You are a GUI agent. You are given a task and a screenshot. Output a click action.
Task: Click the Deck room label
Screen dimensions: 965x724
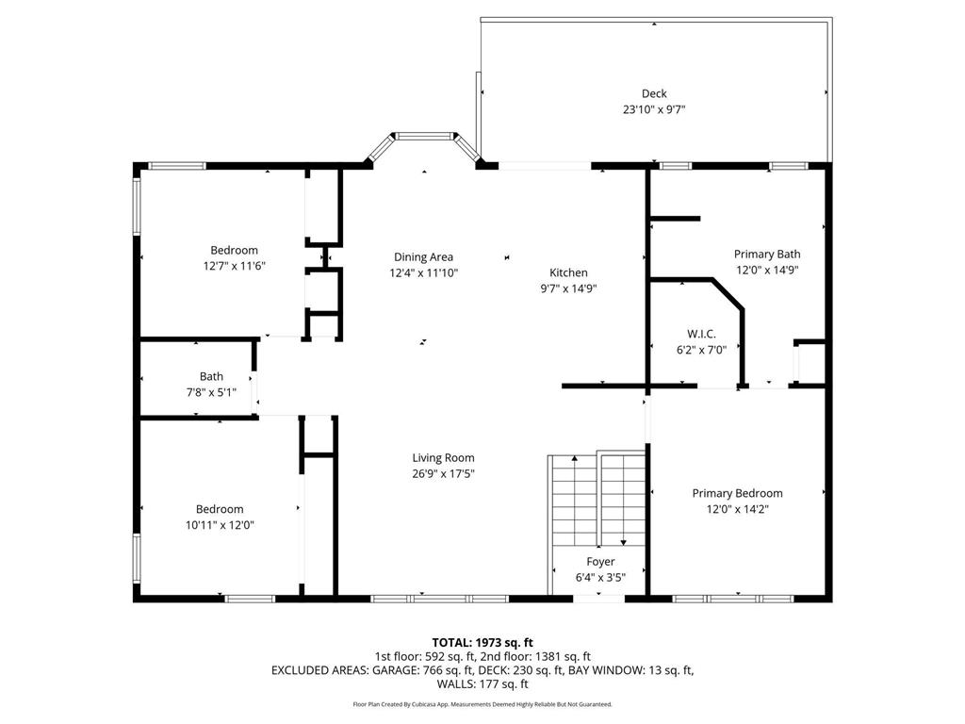click(654, 93)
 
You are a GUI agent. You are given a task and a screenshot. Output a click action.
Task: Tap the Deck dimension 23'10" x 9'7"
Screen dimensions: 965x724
click(654, 109)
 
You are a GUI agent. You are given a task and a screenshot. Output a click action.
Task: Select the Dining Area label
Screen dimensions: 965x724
click(423, 256)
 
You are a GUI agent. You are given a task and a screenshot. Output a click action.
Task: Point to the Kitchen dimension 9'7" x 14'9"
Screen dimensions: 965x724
click(568, 288)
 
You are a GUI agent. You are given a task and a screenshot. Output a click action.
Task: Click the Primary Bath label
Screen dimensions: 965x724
click(767, 254)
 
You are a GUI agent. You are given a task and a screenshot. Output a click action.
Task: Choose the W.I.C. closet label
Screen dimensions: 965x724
click(701, 334)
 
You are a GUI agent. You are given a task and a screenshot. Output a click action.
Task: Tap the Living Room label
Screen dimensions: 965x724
click(443, 457)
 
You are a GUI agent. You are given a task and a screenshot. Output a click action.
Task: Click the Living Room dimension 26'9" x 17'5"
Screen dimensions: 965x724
click(443, 473)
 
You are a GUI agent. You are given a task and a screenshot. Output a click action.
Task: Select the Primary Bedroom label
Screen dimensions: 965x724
click(737, 493)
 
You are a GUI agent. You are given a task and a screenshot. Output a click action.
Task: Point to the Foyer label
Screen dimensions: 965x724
click(600, 562)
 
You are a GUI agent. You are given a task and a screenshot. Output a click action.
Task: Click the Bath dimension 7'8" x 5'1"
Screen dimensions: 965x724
click(211, 392)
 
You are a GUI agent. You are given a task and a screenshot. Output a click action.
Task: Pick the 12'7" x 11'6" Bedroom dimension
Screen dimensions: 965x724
click(234, 266)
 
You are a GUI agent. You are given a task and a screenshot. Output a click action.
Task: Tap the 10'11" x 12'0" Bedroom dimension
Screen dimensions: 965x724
click(220, 525)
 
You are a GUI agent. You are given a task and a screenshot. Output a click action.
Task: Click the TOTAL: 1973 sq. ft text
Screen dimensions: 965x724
click(482, 643)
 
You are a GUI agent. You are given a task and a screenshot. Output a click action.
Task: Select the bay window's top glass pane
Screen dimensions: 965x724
click(424, 136)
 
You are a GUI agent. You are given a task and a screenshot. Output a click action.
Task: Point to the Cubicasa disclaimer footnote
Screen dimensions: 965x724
click(482, 704)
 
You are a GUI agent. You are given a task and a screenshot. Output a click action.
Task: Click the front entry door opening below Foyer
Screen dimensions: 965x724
click(598, 597)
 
